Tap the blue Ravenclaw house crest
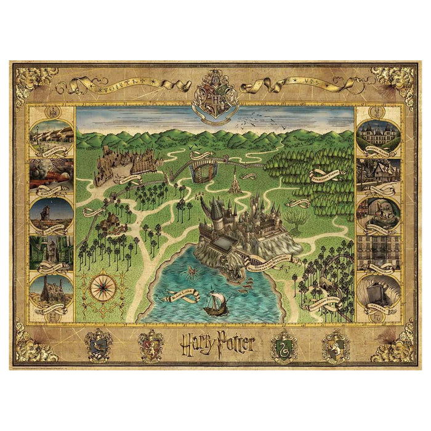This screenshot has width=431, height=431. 99,345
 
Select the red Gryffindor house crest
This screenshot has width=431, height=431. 151,345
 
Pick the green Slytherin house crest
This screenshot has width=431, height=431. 283,345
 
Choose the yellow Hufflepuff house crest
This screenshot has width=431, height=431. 336,345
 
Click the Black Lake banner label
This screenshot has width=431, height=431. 184,297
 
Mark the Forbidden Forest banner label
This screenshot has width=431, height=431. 326,175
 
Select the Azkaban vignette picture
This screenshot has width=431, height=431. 379,294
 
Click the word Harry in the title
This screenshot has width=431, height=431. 196,344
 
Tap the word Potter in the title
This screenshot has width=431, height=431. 235,344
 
